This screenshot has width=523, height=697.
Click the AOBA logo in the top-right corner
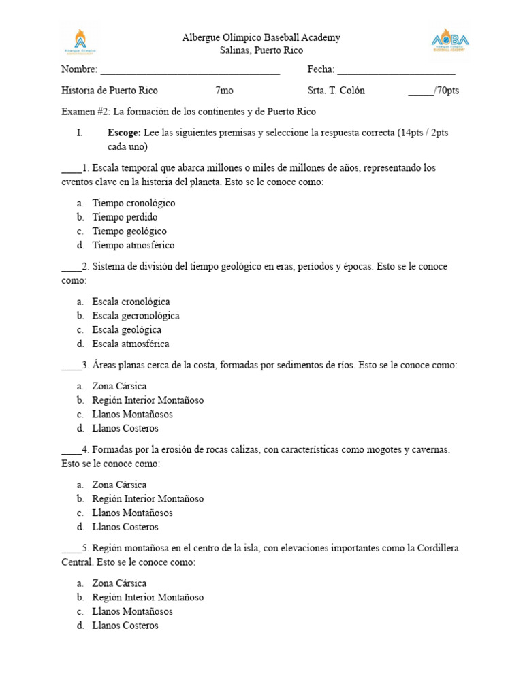coord(450,40)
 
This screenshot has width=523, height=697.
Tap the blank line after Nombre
coord(190,70)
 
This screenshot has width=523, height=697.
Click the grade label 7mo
coord(225,91)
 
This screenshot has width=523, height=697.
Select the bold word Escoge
coord(124,133)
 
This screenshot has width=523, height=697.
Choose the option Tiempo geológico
coord(129,231)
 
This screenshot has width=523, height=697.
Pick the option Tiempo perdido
coord(125,217)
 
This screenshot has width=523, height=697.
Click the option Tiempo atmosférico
coord(133,246)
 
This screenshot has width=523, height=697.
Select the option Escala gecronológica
coord(136,316)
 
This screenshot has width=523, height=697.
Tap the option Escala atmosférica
coord(131,344)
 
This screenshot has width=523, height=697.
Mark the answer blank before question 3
coord(71,366)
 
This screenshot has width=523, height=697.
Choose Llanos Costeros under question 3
coord(125,429)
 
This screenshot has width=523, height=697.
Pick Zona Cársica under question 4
coord(119,485)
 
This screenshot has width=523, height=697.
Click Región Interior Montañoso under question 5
coord(148,598)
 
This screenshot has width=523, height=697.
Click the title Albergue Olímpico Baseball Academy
coord(261,38)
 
